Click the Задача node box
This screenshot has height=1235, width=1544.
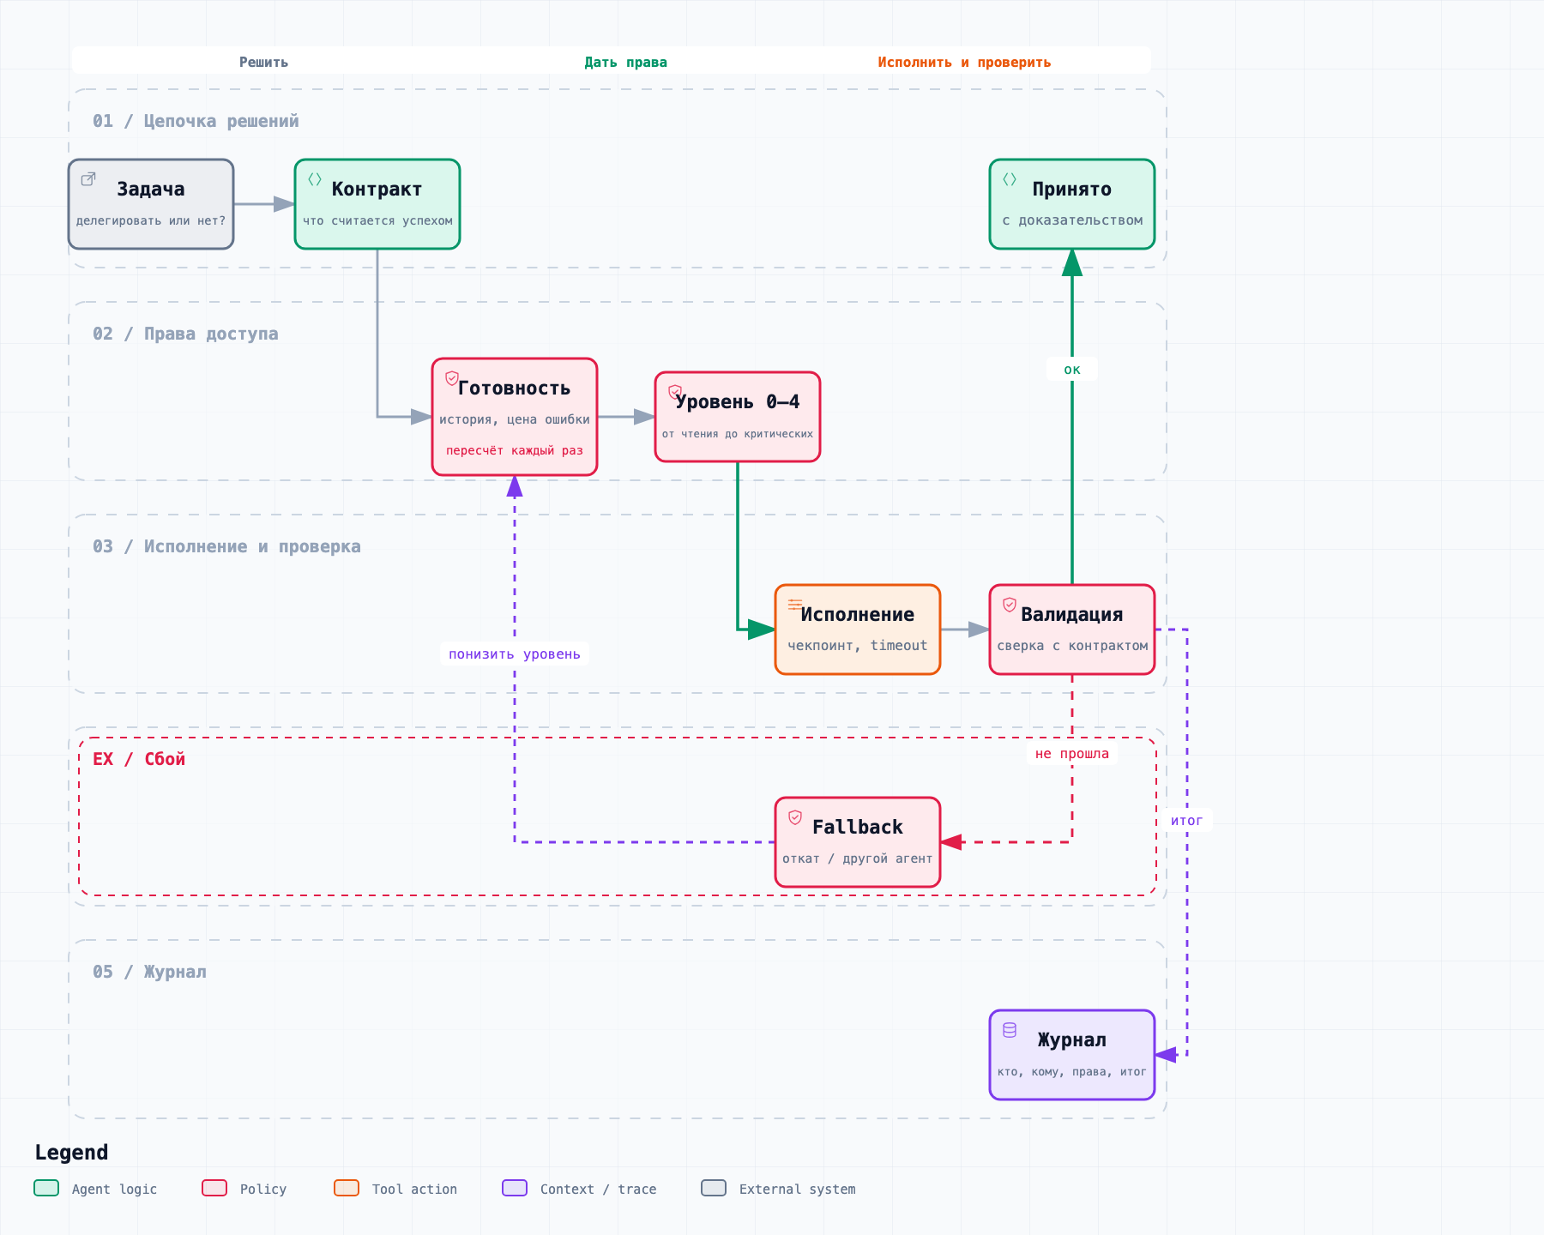[151, 204]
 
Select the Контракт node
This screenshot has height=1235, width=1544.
[377, 204]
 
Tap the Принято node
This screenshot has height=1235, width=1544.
[1072, 204]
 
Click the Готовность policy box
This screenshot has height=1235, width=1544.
[515, 417]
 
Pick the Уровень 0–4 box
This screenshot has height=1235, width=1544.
[738, 417]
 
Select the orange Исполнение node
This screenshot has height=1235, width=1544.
[858, 630]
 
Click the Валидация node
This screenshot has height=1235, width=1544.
[1072, 630]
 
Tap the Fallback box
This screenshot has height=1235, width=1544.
[858, 842]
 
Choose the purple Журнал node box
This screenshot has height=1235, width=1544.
[1072, 1055]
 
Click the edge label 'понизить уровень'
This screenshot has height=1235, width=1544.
[515, 654]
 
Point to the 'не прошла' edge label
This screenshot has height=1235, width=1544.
[1072, 754]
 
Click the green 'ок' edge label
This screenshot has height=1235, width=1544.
[1072, 370]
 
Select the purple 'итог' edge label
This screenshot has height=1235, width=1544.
[1187, 821]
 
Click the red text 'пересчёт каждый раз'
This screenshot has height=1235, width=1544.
[515, 450]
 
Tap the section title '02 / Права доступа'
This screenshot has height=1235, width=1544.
[185, 334]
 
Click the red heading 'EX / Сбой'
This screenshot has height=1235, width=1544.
[139, 759]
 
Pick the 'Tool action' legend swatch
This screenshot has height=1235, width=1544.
[347, 1188]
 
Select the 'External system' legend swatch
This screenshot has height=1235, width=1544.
[714, 1188]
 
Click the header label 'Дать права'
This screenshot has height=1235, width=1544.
[626, 63]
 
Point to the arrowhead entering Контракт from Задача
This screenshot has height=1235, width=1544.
[285, 204]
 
